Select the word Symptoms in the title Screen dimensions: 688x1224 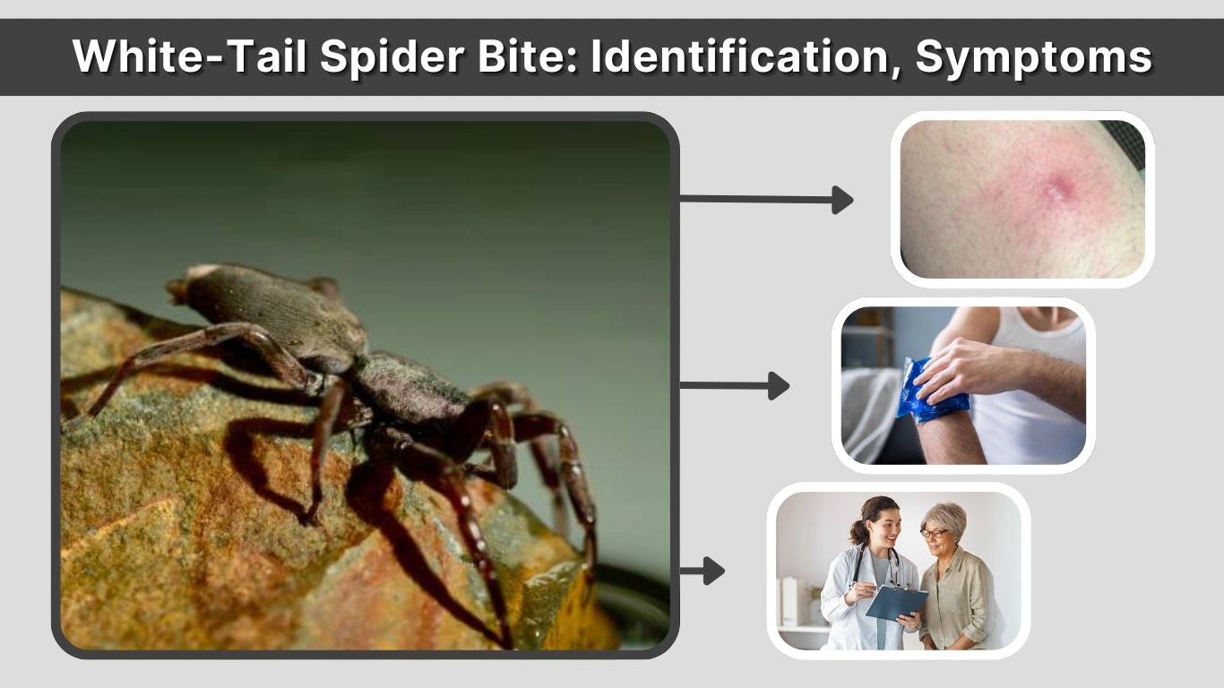(x=1033, y=57)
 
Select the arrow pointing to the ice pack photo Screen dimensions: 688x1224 (x=735, y=385)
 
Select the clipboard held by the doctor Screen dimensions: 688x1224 (x=895, y=601)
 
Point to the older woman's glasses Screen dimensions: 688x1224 (x=932, y=533)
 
